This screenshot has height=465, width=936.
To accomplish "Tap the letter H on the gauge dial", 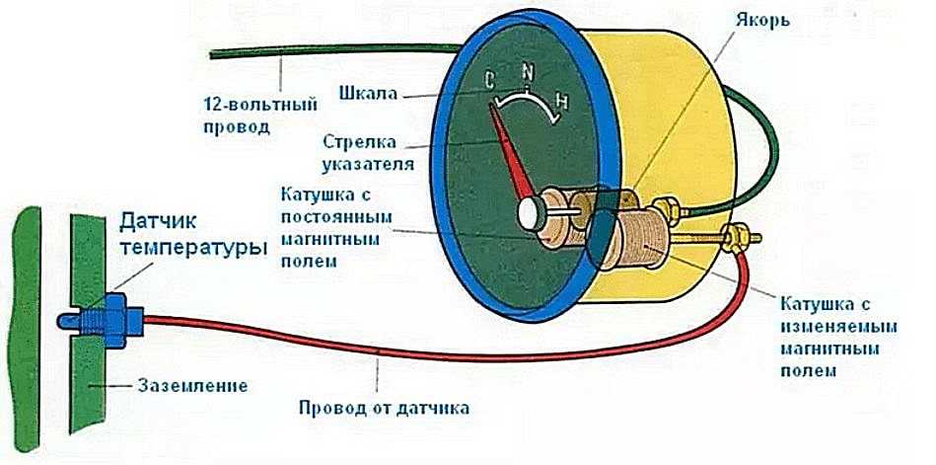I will coord(561,100).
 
